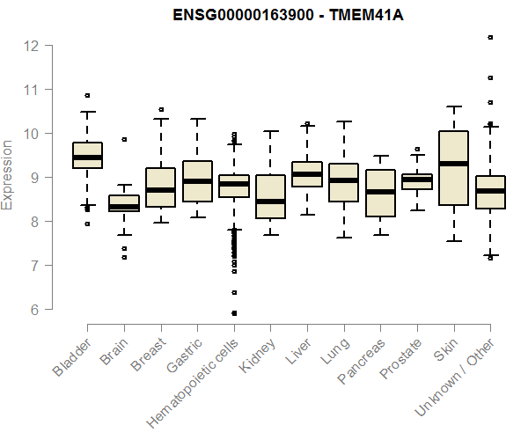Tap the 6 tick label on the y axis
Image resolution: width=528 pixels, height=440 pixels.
pos(33,309)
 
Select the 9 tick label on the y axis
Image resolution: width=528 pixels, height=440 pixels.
pos(33,177)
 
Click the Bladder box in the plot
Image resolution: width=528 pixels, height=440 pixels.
pos(87,155)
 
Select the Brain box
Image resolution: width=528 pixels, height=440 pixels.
pos(124,203)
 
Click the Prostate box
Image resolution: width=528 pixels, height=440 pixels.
pos(416,180)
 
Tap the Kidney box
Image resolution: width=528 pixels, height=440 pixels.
pos(270,196)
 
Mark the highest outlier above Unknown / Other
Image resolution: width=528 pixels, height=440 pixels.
pos(490,37)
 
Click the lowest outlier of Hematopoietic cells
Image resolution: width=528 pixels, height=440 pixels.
pos(233,312)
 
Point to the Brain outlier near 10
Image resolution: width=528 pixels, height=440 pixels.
pos(124,139)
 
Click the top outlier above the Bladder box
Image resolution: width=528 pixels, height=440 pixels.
pos(87,95)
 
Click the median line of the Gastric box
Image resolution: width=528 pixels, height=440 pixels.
pos(197,181)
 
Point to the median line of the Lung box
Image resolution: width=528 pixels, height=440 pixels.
pos(343,180)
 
